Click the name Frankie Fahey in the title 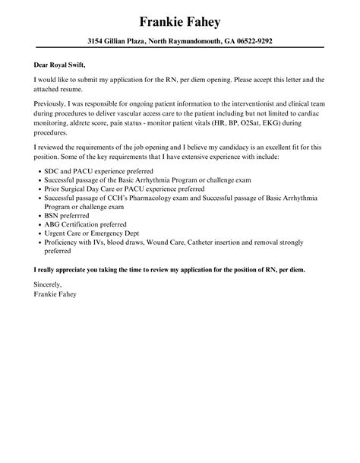[180, 19]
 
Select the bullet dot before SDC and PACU [39, 172]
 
